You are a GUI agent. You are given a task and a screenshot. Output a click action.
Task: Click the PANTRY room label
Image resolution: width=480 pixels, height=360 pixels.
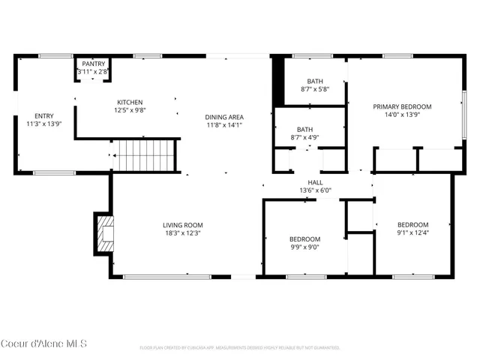tap(94, 64)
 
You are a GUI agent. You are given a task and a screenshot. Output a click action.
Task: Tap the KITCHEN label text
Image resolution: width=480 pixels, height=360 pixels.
tap(129, 103)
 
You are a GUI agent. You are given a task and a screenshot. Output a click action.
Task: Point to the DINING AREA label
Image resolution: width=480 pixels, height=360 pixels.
tap(225, 117)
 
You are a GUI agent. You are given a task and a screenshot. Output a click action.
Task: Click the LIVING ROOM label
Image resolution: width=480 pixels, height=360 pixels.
tap(182, 225)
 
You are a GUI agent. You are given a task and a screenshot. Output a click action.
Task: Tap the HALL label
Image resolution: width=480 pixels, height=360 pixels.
tap(315, 182)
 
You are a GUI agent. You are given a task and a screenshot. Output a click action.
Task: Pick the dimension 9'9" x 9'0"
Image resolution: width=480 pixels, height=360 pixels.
tap(305, 247)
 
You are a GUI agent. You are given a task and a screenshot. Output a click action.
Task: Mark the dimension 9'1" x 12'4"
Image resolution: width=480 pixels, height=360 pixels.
tap(412, 232)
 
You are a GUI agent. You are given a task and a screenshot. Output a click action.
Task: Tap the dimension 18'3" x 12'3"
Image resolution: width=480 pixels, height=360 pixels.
tap(182, 232)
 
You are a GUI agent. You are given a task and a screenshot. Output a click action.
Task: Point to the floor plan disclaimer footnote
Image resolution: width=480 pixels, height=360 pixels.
tap(240, 348)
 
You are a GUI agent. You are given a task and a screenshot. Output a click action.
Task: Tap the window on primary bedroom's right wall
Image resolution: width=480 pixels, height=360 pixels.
tap(463, 112)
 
